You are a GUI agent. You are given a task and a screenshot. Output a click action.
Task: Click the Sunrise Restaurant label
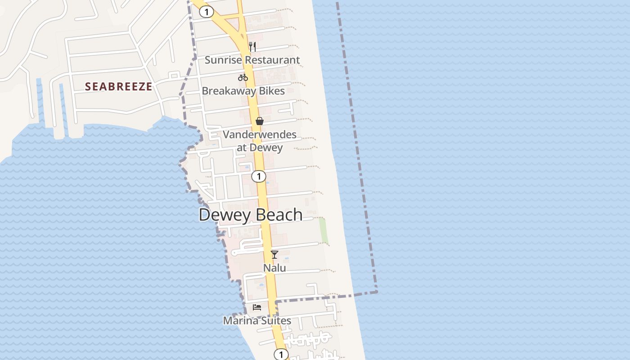[x=252, y=60]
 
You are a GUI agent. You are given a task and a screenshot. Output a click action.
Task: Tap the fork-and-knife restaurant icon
[x=252, y=46]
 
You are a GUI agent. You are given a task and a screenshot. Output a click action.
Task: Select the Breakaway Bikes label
[x=243, y=91]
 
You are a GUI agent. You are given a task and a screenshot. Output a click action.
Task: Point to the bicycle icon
[x=243, y=77]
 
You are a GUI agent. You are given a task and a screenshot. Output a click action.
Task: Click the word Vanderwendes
[x=260, y=135]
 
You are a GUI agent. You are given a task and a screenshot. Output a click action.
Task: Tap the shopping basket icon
[x=260, y=121]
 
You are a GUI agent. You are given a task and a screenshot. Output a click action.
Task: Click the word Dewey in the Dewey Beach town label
[x=224, y=215]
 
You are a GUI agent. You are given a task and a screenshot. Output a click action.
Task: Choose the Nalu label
[x=274, y=268]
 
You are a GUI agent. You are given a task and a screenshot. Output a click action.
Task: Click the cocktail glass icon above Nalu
[x=274, y=255]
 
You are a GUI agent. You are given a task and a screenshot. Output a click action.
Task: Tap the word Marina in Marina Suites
[x=240, y=321]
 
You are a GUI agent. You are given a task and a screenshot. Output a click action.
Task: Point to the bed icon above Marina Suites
[x=257, y=307]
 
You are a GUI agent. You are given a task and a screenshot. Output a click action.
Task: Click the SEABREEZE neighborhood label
[x=119, y=87]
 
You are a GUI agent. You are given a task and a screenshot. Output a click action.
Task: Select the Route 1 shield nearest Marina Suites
[x=281, y=355]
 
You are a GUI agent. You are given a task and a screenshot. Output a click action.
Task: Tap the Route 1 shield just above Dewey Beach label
[x=259, y=176]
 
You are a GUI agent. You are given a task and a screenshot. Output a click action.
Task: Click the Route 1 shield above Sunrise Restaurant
[x=207, y=12]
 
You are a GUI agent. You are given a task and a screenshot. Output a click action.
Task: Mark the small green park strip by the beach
[x=323, y=230]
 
